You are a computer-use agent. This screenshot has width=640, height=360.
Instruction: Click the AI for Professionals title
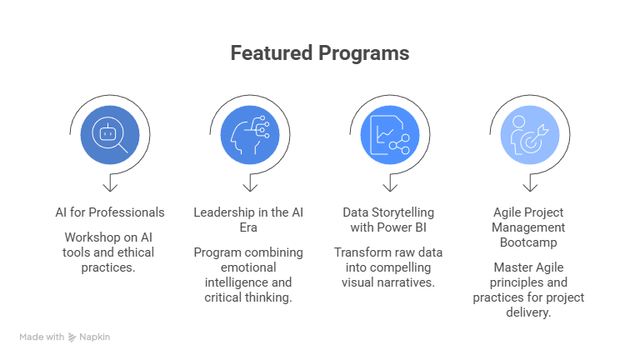110,212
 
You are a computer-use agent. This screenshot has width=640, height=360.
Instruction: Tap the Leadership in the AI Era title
249,220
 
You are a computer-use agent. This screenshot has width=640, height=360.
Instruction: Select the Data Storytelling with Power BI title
389,220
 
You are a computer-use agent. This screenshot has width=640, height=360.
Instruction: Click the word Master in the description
509,267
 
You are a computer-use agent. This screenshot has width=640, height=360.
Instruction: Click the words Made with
42,337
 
